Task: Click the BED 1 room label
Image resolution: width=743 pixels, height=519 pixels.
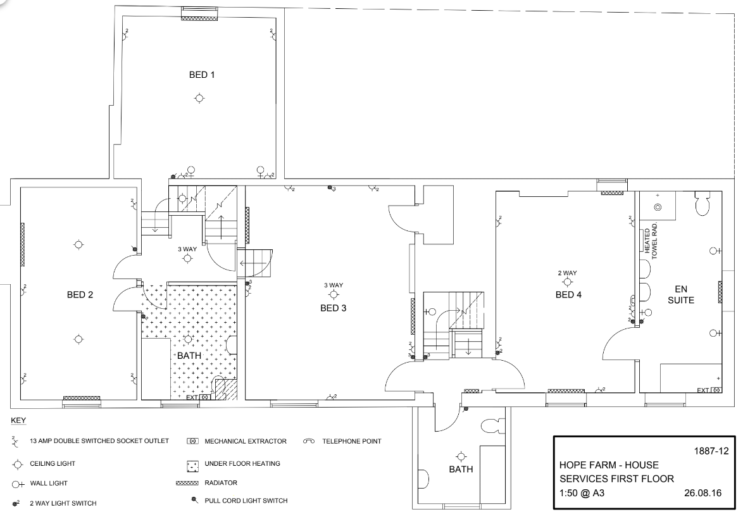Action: click(x=202, y=75)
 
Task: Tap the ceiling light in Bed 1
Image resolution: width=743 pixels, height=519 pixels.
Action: click(x=199, y=98)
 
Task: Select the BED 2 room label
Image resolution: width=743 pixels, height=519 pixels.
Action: click(x=80, y=295)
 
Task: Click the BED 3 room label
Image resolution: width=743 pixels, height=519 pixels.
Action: click(x=333, y=308)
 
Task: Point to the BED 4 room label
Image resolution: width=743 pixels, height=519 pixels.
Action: click(x=568, y=295)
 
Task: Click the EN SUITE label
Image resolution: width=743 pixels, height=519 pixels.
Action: click(x=681, y=294)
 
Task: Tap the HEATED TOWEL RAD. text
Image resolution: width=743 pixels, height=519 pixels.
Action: click(x=651, y=241)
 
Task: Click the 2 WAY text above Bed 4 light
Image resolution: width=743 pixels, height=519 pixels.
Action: click(x=567, y=273)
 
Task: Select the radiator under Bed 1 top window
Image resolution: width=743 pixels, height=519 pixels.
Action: click(x=199, y=18)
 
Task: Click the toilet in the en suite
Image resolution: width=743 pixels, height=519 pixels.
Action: click(x=702, y=203)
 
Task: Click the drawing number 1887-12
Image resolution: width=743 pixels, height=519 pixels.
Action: click(x=711, y=451)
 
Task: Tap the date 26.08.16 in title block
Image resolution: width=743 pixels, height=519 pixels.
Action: click(x=702, y=493)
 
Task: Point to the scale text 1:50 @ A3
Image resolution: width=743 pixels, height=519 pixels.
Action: click(x=582, y=493)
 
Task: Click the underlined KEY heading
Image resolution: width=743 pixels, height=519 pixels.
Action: click(x=18, y=420)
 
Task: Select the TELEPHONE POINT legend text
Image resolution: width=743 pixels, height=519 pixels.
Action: click(x=352, y=441)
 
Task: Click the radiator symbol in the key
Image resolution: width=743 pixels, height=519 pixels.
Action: click(x=187, y=484)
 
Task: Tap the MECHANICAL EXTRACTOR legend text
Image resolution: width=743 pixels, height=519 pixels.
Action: click(x=246, y=441)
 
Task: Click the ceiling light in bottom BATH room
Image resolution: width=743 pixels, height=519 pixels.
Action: click(x=461, y=456)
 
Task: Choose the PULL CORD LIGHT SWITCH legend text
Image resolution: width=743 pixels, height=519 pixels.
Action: click(x=246, y=501)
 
